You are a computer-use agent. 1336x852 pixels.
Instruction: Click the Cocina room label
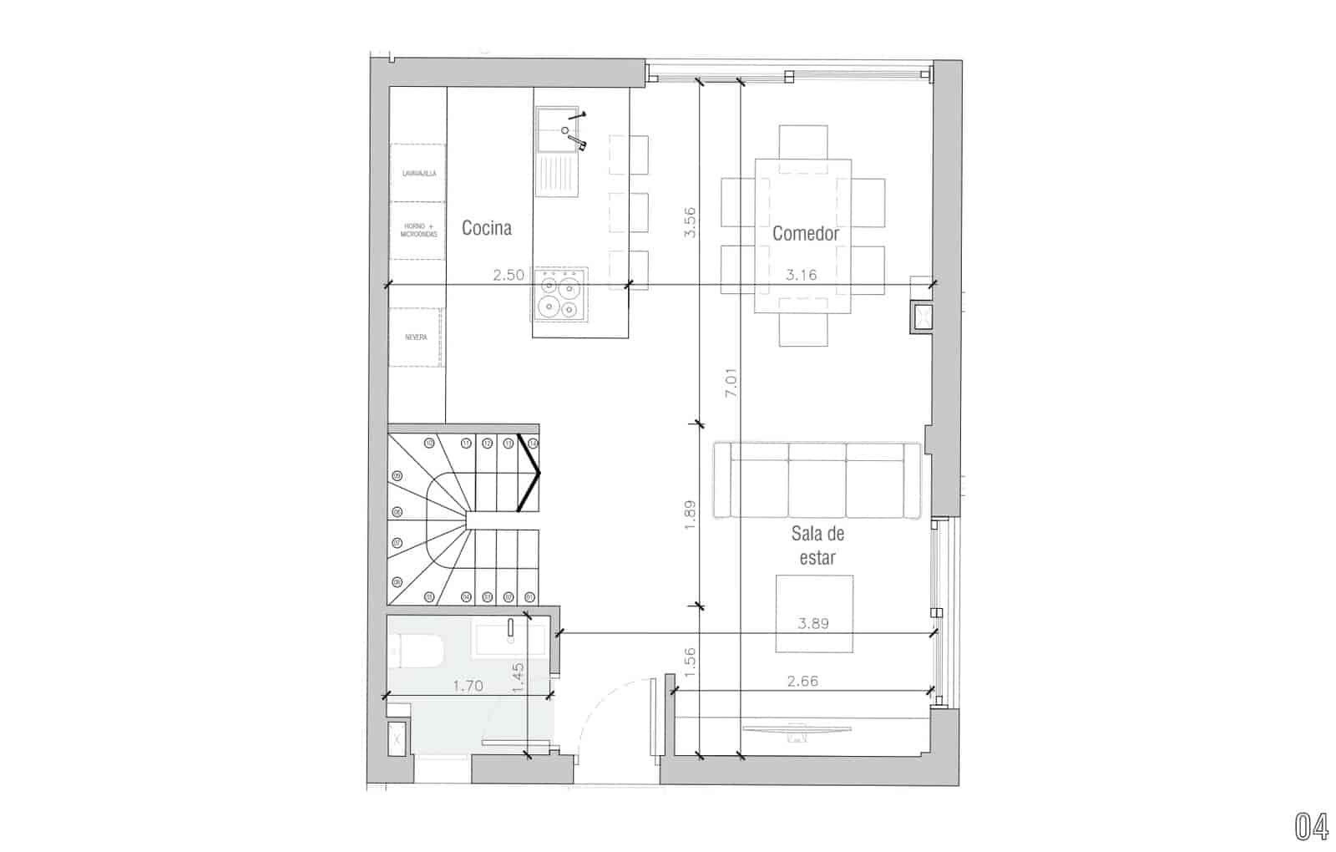point(486,228)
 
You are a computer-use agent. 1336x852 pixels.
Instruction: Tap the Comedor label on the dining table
point(805,234)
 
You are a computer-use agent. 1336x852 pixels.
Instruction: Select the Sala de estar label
point(817,545)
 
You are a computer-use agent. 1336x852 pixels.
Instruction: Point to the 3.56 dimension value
point(690,222)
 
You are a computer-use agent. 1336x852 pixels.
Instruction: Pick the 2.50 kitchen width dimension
point(509,275)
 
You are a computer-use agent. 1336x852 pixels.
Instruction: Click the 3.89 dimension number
point(813,623)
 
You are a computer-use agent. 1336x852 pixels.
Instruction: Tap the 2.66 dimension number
point(802,681)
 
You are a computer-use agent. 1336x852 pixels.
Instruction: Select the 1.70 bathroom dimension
point(468,687)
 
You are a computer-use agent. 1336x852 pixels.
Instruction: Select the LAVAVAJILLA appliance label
point(419,174)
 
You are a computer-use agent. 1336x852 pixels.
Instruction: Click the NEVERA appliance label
point(416,337)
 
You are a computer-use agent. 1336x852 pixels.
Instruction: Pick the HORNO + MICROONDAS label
point(419,231)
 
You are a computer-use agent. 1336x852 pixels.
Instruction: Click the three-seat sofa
point(817,480)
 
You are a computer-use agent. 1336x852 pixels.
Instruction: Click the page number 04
point(1311,826)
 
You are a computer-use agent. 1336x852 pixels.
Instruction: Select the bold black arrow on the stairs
point(531,473)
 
